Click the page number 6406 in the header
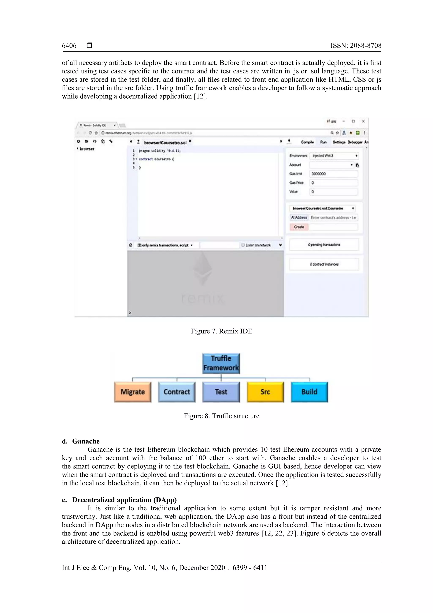point(69,46)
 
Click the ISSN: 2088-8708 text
point(356,46)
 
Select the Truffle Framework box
point(221,363)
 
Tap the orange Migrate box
point(133,392)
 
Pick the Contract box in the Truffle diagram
point(177,392)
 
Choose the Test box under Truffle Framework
point(221,392)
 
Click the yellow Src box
point(265,392)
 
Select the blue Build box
point(309,392)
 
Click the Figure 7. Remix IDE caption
point(221,331)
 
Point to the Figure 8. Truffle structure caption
point(221,416)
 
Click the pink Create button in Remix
point(299,227)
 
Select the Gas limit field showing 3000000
point(333,174)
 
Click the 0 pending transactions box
point(324,245)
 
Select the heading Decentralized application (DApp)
point(124,500)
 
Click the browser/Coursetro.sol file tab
point(165,143)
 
